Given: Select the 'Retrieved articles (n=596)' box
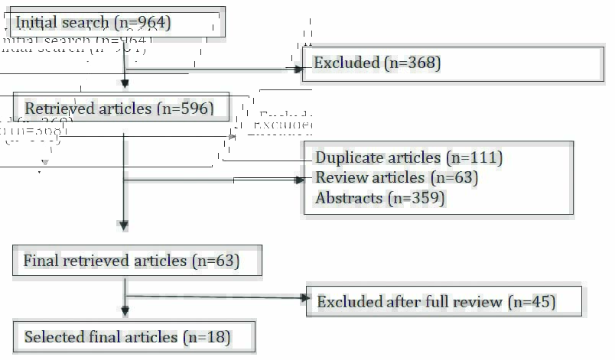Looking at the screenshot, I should pos(121,108).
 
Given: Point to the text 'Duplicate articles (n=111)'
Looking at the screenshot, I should pos(408,158).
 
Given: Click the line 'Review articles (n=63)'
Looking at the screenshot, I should pos(396,178).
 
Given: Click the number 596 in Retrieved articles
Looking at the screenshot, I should pos(191,109).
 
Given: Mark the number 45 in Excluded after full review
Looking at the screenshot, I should pos(539,302).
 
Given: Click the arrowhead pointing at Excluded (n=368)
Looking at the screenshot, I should pos(299,69).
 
